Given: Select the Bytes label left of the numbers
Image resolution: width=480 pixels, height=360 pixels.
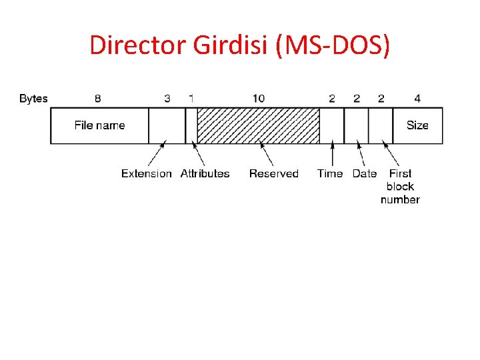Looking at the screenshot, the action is (33, 99).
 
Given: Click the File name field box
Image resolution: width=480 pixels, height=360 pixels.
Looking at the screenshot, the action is (99, 125).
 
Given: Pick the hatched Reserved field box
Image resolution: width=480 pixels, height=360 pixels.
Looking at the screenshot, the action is (258, 125).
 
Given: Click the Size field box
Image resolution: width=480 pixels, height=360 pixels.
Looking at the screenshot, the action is (417, 125).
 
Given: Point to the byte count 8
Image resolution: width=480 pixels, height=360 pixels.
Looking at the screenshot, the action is (98, 99).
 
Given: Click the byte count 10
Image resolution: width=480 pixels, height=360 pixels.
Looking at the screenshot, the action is (258, 99).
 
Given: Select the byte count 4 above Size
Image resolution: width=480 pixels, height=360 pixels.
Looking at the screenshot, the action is (417, 99).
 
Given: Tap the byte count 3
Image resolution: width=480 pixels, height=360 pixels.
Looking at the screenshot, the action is (167, 99).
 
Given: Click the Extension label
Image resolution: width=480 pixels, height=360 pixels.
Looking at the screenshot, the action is (146, 173).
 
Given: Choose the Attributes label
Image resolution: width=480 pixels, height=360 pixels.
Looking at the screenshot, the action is (205, 173).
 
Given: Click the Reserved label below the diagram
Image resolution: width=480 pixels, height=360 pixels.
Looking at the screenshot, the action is (273, 173).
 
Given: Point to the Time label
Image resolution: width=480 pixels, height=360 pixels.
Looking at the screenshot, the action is (330, 173).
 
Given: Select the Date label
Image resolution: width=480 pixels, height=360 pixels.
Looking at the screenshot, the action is (365, 173).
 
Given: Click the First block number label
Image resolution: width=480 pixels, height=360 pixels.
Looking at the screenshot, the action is (400, 187).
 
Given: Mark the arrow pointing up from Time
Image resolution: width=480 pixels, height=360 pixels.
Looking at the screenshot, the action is (332, 153).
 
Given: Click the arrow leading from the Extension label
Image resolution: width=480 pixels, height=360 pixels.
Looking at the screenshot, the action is (157, 154).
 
